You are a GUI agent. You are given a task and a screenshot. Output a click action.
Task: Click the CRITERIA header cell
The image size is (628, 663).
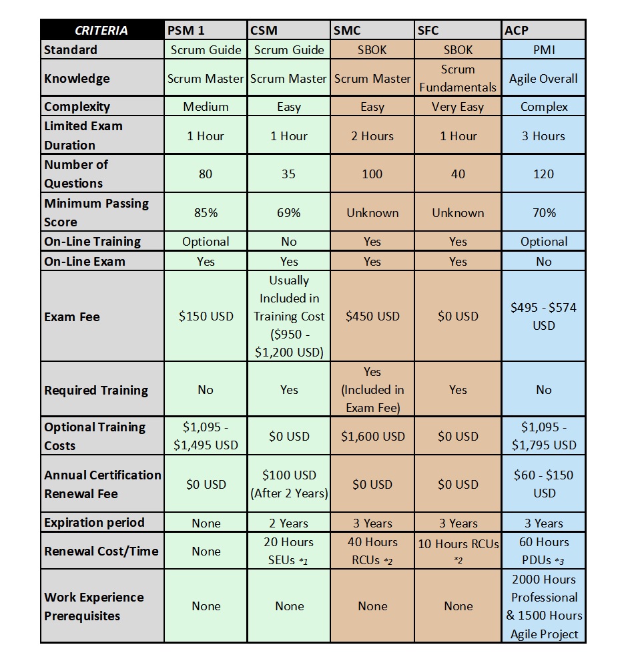[x=101, y=30]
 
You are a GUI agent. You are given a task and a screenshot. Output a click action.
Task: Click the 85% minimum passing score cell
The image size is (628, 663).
[x=206, y=213]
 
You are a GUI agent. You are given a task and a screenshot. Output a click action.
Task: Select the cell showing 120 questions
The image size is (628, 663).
[x=544, y=174]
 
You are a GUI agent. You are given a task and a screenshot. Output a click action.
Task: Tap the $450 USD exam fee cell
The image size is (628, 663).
[x=372, y=316]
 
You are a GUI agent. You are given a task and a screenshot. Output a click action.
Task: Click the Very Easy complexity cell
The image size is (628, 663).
[x=458, y=107]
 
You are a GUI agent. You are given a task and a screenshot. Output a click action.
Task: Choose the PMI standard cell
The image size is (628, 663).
[x=544, y=50]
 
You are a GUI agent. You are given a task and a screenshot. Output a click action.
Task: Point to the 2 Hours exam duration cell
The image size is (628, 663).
[x=372, y=136]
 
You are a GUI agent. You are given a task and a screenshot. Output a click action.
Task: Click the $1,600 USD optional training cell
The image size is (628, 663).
[x=372, y=437]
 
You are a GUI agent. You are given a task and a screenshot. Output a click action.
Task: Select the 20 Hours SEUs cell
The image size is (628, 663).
[x=289, y=551]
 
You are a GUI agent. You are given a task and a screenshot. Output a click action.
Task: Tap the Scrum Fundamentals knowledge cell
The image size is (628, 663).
[x=458, y=78]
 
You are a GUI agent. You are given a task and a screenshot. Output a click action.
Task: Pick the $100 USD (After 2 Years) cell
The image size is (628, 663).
[x=289, y=485]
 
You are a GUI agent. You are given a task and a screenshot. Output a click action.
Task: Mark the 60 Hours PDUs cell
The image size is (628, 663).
[x=544, y=551]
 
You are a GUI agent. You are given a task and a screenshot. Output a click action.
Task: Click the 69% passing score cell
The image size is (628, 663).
[x=289, y=213]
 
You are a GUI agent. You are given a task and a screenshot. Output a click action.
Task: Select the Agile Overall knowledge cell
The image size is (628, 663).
[x=544, y=79]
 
